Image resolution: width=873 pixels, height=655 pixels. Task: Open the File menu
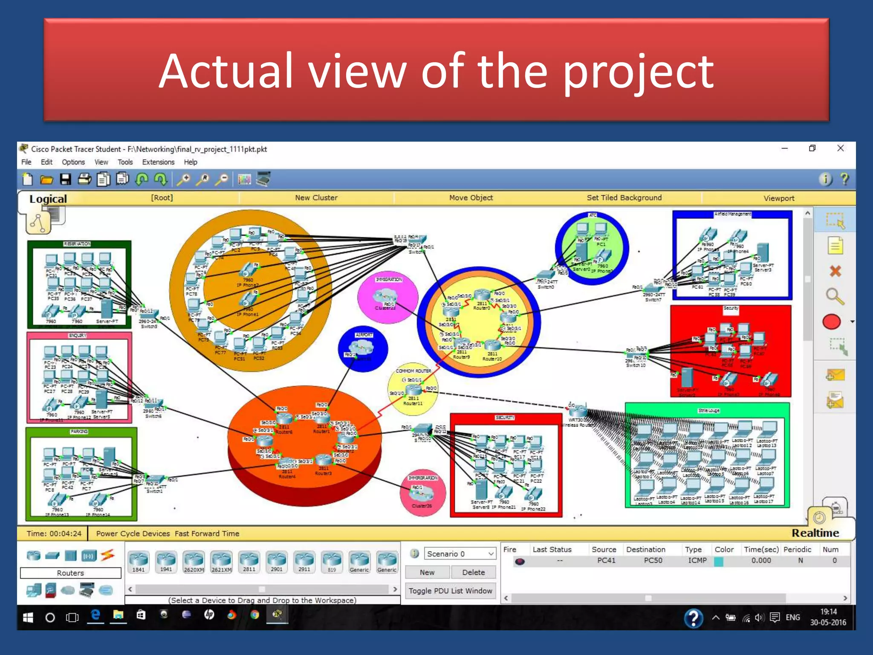tap(26, 162)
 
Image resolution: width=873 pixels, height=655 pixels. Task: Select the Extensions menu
tap(158, 162)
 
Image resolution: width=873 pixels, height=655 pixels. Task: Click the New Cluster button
tap(316, 198)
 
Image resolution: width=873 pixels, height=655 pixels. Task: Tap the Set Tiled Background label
tap(624, 198)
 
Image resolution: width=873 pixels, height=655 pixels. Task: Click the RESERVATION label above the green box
tap(77, 244)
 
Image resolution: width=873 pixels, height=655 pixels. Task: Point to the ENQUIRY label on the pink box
tap(78, 336)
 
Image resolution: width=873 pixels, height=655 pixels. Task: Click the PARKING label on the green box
tap(79, 432)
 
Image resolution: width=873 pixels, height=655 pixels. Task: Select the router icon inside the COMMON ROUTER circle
tap(413, 389)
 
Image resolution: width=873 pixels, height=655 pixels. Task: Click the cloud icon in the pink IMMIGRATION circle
tap(385, 295)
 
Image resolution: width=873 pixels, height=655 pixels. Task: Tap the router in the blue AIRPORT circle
tap(361, 347)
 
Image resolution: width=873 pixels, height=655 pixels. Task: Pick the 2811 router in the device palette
tap(249, 561)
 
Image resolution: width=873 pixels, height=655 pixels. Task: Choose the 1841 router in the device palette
tap(139, 561)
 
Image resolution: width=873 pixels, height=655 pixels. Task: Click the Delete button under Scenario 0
tap(473, 572)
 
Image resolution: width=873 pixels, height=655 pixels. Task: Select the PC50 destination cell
tap(653, 560)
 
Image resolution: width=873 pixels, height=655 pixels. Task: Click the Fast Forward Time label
tap(207, 533)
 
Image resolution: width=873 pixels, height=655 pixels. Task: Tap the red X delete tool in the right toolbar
tap(835, 271)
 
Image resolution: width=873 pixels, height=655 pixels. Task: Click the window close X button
tap(841, 148)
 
